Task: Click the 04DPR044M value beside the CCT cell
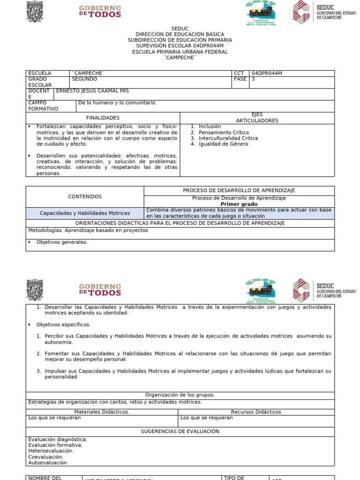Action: pos(267,74)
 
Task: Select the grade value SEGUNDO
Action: pos(85,80)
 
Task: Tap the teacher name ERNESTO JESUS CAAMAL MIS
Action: pos(92,91)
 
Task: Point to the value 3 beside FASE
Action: pos(254,80)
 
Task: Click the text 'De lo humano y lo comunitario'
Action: pos(117,103)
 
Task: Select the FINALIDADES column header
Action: pos(103,118)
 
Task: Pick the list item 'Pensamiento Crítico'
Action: pos(224,133)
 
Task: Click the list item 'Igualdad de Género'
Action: pos(223,144)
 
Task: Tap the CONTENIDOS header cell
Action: pos(85,197)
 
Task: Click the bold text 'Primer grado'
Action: pos(239,204)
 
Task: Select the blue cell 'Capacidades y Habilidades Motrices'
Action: pos(85,213)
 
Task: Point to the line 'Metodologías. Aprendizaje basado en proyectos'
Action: pos(88,231)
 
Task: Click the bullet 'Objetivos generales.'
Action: pos(62,242)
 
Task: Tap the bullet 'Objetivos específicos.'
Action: pos(63,324)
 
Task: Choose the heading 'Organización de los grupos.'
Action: pos(180,395)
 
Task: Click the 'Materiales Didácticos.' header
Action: pos(102,412)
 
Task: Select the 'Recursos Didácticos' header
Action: pos(256,412)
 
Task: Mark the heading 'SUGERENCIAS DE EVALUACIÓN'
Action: pos(180,431)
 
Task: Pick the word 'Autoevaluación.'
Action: pos(48,463)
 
